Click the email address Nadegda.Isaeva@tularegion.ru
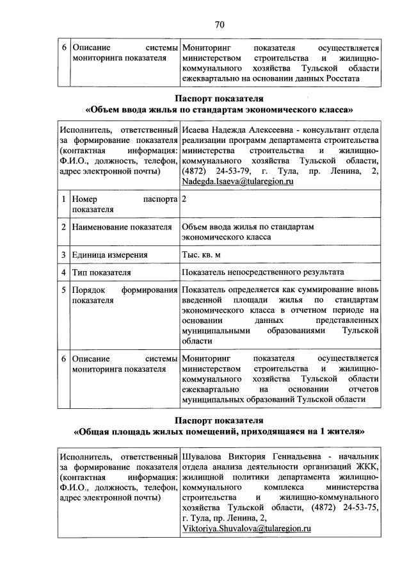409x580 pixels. (237, 182)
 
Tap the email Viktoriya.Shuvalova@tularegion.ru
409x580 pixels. (246, 529)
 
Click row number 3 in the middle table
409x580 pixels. (64, 254)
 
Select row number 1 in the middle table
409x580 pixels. (64, 199)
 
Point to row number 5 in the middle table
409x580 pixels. (64, 290)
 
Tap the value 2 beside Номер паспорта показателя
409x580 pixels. (184, 199)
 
